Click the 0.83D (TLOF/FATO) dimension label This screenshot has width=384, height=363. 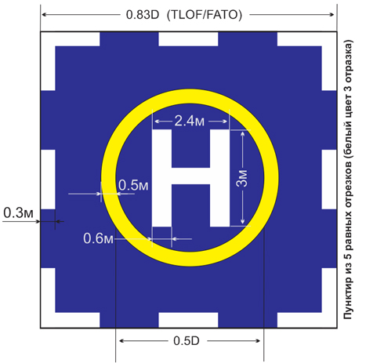click(184, 15)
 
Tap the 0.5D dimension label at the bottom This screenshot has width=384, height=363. click(187, 341)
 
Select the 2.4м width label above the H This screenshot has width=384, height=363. click(190, 122)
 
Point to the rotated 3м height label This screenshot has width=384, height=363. click(242, 178)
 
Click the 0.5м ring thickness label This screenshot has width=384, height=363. click(133, 186)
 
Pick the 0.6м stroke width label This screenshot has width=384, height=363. click(98, 238)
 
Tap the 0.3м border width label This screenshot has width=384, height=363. click(18, 213)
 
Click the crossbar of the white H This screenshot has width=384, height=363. click(190, 176)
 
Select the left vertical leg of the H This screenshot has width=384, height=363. click(162, 178)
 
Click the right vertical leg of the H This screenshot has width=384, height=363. click(220, 178)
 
